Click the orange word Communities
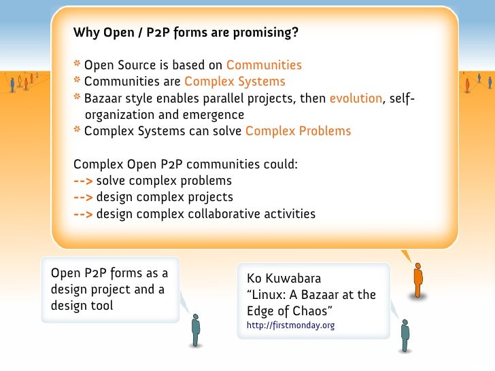pos(264,65)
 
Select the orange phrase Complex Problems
pos(298,131)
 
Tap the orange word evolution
pos(356,99)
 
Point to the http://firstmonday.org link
pos(290,325)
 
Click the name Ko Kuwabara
pos(284,279)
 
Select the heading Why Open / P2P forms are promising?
pos(186,33)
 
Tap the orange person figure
pos(418,279)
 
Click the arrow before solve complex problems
pos(83,181)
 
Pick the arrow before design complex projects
pos(83,198)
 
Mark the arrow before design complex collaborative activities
pos(83,214)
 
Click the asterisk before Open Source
pos(78,65)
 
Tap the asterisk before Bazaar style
pos(78,99)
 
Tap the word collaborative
pos(237,214)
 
